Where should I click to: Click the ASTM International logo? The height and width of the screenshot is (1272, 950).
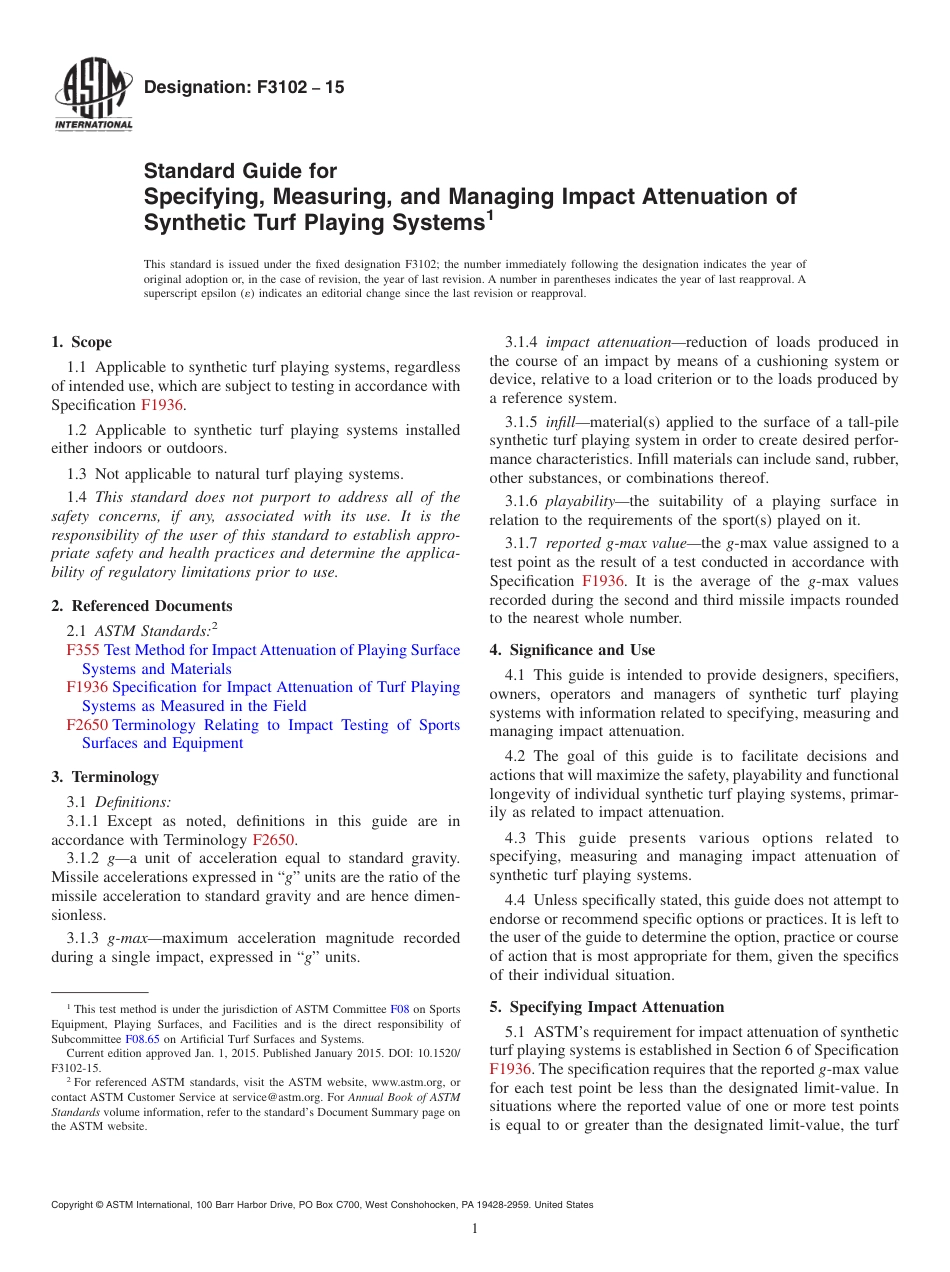pyautogui.click(x=92, y=96)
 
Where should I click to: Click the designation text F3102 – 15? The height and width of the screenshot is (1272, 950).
pyautogui.click(x=244, y=87)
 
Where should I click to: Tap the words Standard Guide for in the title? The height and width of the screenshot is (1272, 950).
pyautogui.click(x=240, y=171)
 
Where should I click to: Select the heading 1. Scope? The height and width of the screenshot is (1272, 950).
pyautogui.click(x=82, y=342)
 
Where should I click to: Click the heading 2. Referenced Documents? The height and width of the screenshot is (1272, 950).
pyautogui.click(x=142, y=606)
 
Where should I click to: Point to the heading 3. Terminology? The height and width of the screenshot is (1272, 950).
pyautogui.click(x=105, y=777)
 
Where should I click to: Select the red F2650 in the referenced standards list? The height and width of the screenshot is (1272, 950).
pyautogui.click(x=87, y=725)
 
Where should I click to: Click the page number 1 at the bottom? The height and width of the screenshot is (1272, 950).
pyautogui.click(x=475, y=1229)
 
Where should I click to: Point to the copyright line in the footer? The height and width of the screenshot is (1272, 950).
pyautogui.click(x=322, y=1205)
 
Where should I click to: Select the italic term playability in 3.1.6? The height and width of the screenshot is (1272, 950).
pyautogui.click(x=579, y=502)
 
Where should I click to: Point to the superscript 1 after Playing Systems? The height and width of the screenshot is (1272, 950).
pyautogui.click(x=490, y=214)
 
